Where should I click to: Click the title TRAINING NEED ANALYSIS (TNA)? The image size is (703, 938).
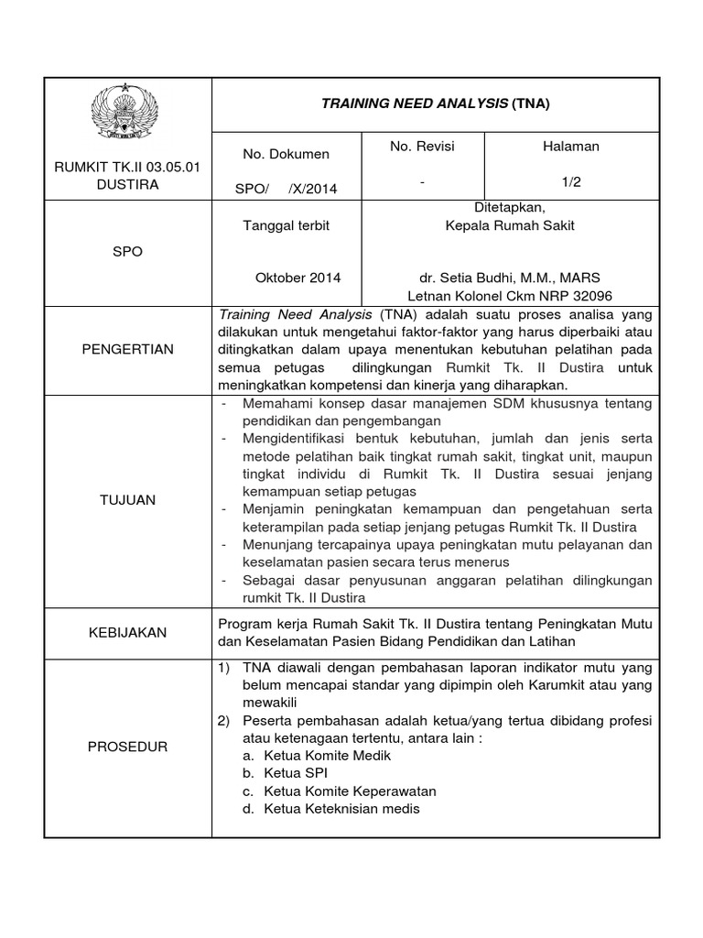click(435, 104)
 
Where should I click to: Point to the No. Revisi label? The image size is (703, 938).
click(422, 147)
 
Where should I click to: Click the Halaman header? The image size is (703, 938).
click(571, 147)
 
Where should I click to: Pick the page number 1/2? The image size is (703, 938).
click(572, 182)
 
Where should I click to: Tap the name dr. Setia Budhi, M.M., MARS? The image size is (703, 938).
click(509, 278)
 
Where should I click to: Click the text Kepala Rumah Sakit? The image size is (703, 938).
click(509, 225)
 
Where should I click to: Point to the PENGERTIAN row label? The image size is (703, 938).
click(127, 350)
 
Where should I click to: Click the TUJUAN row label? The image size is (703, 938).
click(128, 500)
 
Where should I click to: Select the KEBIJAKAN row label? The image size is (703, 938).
click(128, 633)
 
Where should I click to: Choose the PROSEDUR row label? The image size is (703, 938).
click(128, 747)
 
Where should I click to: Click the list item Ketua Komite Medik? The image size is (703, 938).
click(326, 756)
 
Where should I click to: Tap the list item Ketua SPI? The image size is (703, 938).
click(295, 773)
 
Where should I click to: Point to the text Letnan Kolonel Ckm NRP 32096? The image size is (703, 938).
click(509, 295)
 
